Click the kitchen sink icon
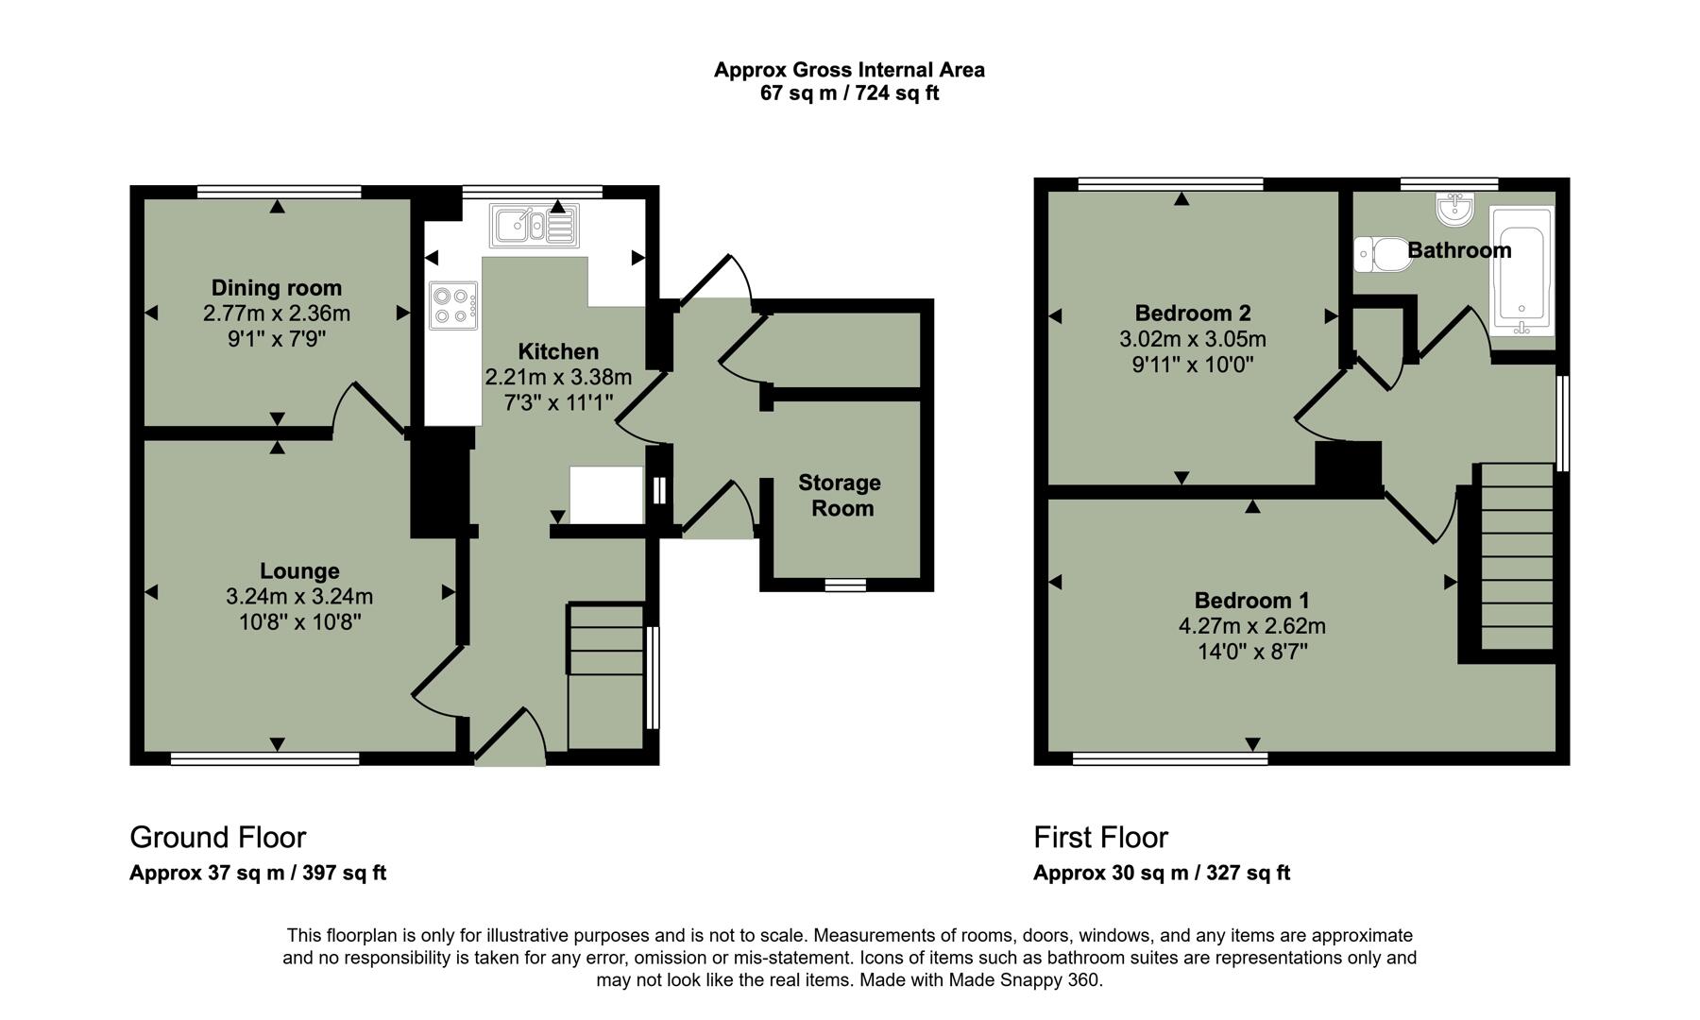(x=533, y=226)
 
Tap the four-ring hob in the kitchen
(x=452, y=306)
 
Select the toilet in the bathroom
(x=1383, y=254)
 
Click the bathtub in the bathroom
(x=1521, y=272)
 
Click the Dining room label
(x=276, y=288)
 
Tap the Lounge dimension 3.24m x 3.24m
(x=299, y=597)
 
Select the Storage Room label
(x=840, y=496)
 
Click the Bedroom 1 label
(x=1251, y=601)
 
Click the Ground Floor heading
(x=217, y=838)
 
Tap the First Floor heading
(x=1100, y=838)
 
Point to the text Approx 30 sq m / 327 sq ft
(x=1161, y=873)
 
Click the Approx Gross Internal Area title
(x=849, y=70)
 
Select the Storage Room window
(x=845, y=586)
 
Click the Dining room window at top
(x=279, y=192)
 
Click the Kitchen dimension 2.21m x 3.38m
(x=558, y=378)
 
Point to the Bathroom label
(x=1459, y=250)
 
